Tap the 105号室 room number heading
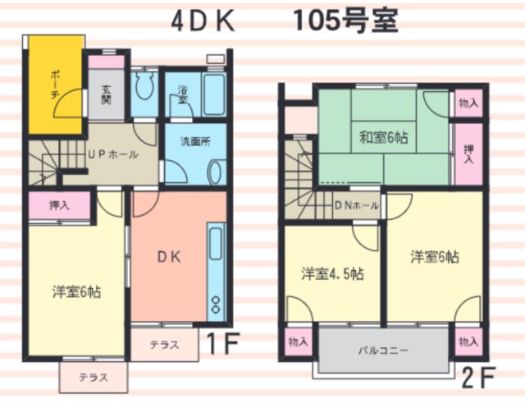tap(345, 21)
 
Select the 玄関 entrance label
tap(107, 95)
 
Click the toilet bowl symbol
tap(144, 85)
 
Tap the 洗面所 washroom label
tap(195, 142)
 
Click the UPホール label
tap(113, 155)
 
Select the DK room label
tap(170, 257)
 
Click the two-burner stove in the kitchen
tap(216, 305)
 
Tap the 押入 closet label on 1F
tap(60, 205)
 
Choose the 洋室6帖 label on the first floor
tap(76, 291)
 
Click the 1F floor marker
tap(222, 343)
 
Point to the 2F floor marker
tap(478, 378)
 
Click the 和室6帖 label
tap(383, 138)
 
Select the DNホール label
tap(357, 206)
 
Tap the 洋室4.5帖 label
tap(332, 273)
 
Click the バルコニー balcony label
tap(384, 350)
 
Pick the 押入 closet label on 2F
tap(468, 154)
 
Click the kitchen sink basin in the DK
tap(216, 244)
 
